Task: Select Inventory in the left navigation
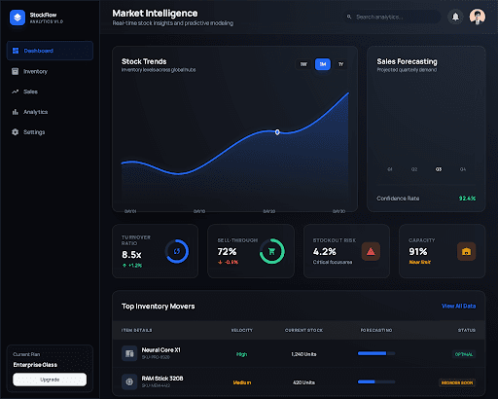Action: point(35,71)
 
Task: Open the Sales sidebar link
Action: point(30,91)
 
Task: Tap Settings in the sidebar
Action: point(34,131)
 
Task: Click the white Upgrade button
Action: point(50,379)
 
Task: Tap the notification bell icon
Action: point(455,17)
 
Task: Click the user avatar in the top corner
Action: point(477,17)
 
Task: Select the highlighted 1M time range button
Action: point(322,64)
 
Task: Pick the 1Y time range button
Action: point(339,64)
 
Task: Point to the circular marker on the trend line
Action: point(277,131)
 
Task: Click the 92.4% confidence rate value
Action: point(467,198)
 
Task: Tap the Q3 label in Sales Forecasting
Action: point(439,169)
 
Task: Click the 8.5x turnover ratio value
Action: point(131,254)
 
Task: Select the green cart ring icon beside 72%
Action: point(271,252)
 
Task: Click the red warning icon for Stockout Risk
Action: point(370,252)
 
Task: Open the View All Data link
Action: point(458,306)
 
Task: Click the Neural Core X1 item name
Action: point(162,350)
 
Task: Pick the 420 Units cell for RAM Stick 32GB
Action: point(303,382)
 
